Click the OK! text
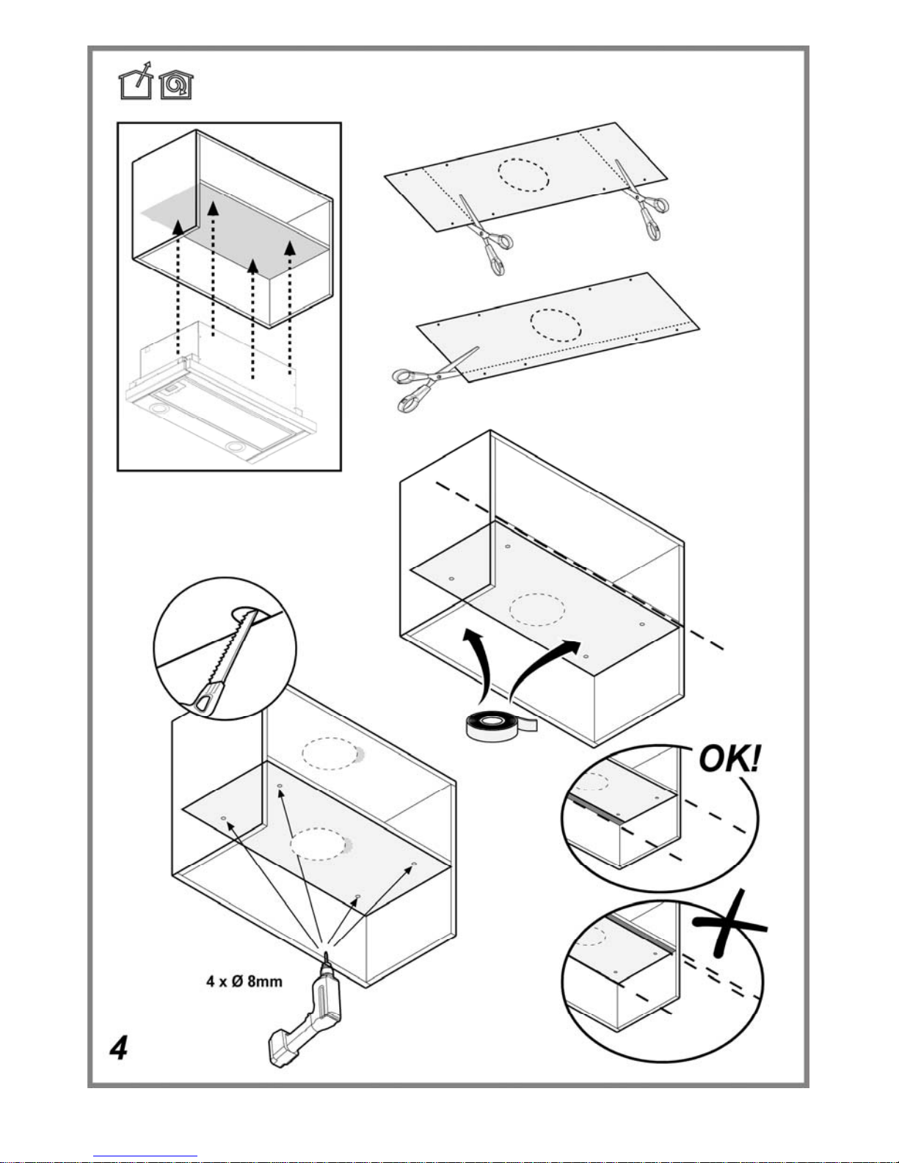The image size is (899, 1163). (x=729, y=759)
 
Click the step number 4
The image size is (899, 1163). (x=119, y=1048)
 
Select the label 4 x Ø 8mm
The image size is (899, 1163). (x=244, y=982)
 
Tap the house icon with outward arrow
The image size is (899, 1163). (x=136, y=81)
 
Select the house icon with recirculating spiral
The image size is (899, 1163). (x=176, y=85)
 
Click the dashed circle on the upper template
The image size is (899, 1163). (x=523, y=175)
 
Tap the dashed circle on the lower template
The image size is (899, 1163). (x=556, y=325)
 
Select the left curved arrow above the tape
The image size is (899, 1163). (x=479, y=663)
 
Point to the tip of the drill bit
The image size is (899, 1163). (x=325, y=952)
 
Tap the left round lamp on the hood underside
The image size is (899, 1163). (x=159, y=409)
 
